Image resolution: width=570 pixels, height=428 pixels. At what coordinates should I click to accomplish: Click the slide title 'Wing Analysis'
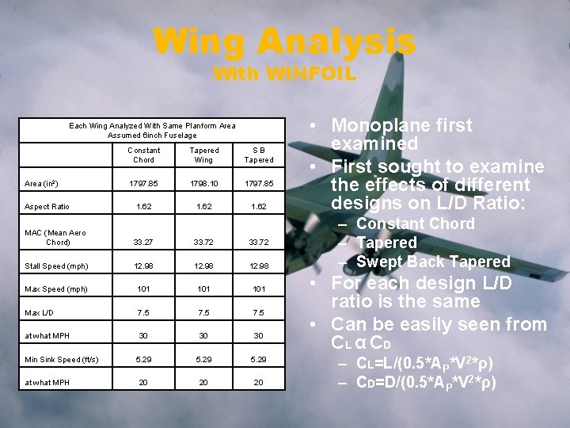point(284,41)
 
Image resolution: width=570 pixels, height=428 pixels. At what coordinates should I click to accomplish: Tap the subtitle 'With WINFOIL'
point(284,75)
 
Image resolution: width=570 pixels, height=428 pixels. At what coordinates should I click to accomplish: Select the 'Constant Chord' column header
point(144,155)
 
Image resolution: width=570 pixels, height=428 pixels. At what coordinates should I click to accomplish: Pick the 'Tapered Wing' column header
point(203,155)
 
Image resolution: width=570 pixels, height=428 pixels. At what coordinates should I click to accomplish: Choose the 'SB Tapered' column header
point(259,155)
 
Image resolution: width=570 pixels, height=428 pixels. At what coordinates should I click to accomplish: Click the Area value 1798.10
point(203,185)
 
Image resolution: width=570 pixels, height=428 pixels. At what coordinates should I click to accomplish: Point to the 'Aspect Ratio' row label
point(47,207)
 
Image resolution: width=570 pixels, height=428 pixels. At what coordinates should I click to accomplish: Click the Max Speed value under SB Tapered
point(259,289)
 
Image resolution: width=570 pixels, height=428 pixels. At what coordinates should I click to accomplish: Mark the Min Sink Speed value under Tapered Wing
point(203,361)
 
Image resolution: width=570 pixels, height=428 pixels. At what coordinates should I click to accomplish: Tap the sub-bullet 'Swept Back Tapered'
point(433,262)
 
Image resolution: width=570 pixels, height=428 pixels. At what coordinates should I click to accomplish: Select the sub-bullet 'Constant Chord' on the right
point(415,224)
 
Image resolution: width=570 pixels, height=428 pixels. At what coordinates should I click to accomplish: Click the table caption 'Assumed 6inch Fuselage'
point(152,135)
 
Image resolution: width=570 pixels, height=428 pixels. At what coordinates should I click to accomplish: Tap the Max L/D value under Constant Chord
point(144,312)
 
